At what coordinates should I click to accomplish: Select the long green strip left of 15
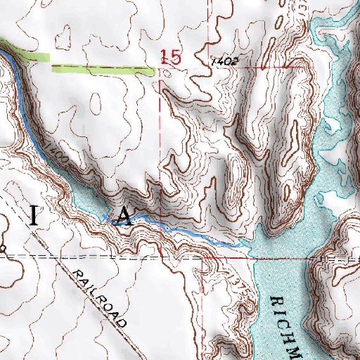coord(103,69)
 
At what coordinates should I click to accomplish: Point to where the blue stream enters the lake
coord(243,245)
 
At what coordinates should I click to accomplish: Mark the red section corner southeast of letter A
coord(202,257)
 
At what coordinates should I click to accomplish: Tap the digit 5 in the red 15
coord(176,57)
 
